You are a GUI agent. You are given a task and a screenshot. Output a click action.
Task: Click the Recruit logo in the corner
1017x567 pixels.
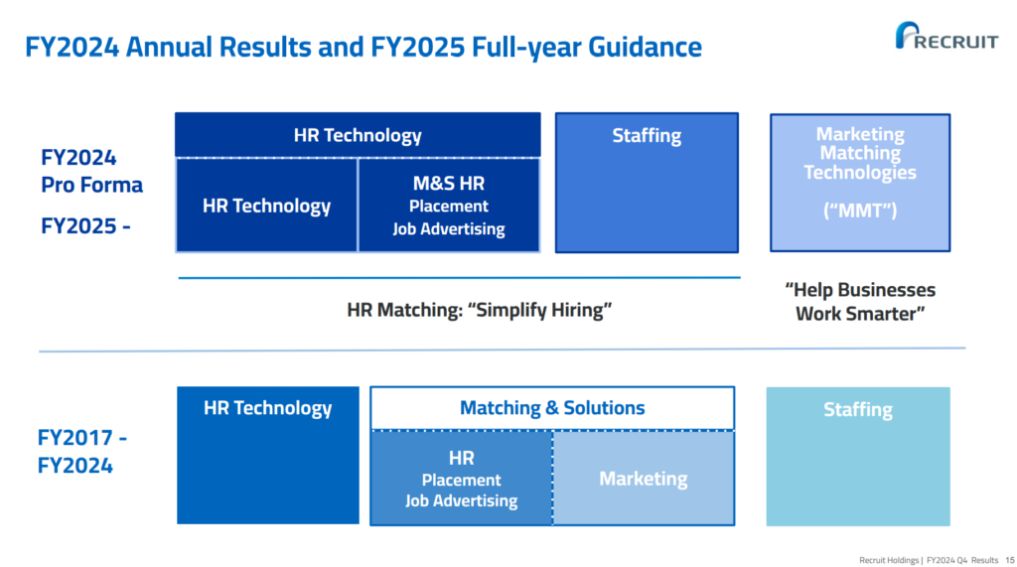pyautogui.click(x=946, y=36)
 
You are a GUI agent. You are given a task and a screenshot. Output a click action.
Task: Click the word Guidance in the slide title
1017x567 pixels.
pyautogui.click(x=645, y=47)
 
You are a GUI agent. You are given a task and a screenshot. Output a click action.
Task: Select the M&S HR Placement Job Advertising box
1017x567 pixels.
pyautogui.click(x=449, y=205)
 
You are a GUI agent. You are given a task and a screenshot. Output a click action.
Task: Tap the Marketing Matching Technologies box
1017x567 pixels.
pyautogui.click(x=860, y=183)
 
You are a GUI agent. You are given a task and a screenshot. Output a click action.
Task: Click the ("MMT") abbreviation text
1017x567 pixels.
pyautogui.click(x=860, y=211)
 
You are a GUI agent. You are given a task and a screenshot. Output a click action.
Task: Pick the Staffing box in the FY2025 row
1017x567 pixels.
pyautogui.click(x=647, y=183)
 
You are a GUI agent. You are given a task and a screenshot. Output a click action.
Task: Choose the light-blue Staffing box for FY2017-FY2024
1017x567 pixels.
pyautogui.click(x=858, y=457)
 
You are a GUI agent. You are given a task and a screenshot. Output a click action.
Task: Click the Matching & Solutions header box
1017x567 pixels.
pyautogui.click(x=552, y=408)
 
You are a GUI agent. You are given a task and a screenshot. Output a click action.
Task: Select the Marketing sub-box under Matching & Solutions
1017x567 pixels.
pyautogui.click(x=644, y=478)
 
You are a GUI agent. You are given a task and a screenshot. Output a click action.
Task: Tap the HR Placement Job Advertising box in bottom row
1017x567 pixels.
pyautogui.click(x=461, y=478)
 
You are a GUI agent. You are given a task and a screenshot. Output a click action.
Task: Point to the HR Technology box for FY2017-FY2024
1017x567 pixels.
pyautogui.click(x=268, y=456)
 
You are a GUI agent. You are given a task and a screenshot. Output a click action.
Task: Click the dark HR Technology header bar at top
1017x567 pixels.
pyautogui.click(x=358, y=135)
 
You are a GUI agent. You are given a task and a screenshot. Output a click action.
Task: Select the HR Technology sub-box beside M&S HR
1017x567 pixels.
pyautogui.click(x=266, y=205)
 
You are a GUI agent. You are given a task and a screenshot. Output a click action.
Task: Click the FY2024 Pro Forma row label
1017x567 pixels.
pyautogui.click(x=91, y=171)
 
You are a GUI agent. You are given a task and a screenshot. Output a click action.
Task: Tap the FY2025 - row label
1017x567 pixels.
pyautogui.click(x=85, y=225)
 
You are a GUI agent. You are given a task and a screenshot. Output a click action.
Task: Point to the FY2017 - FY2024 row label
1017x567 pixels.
pyautogui.click(x=81, y=452)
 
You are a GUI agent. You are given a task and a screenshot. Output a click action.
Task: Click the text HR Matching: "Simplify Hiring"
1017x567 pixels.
pyautogui.click(x=480, y=310)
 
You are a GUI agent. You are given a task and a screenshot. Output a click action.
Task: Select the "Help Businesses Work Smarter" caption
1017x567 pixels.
pyautogui.click(x=860, y=302)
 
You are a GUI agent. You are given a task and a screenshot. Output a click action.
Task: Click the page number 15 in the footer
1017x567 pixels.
pyautogui.click(x=1010, y=560)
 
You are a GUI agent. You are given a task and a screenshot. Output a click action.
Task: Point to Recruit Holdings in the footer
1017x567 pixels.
pyautogui.click(x=889, y=560)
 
